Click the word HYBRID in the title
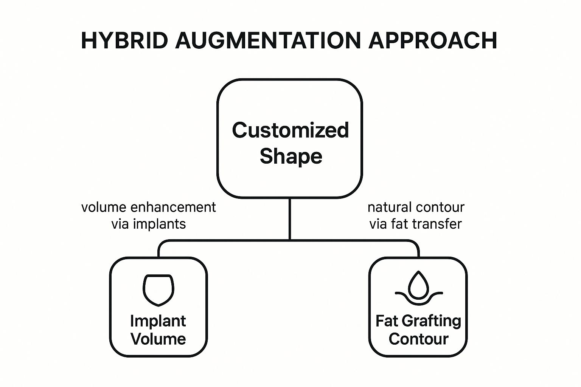coord(124,40)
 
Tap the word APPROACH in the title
coord(432,40)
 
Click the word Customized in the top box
coord(290,130)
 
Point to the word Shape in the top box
coord(290,156)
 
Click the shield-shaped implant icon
coord(158,290)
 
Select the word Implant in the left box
coord(158,321)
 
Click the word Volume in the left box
coord(158,339)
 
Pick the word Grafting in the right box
coord(431,321)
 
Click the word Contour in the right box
coord(418,339)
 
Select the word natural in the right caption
coord(389,207)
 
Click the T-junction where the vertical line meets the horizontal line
coord(290,240)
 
